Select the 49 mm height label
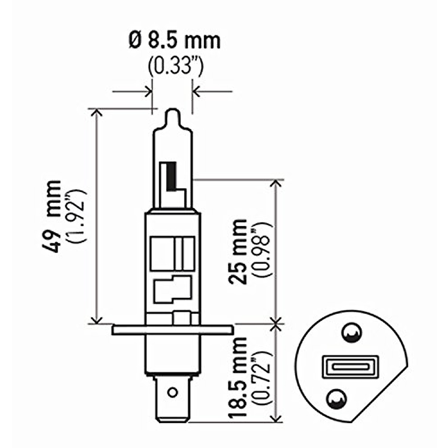53,217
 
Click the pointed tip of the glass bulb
172,112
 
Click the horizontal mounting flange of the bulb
172,330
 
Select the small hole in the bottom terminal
172,392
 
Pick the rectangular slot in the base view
350,367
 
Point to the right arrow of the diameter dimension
196,91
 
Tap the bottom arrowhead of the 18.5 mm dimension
276,418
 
